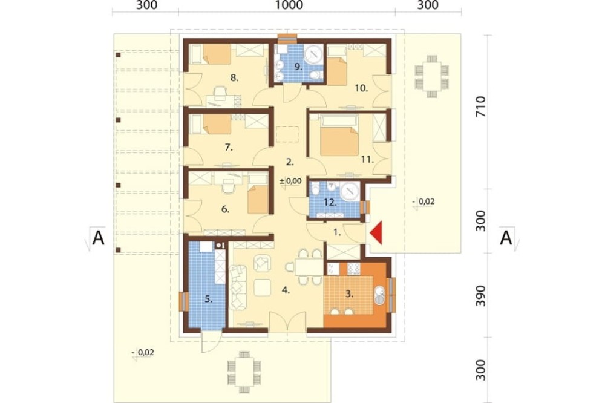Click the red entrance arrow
tap(377, 233)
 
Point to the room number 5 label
tap(209, 298)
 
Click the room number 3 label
tap(349, 294)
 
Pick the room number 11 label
tap(368, 159)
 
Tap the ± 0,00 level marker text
tap(290, 180)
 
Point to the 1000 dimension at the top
tap(289, 5)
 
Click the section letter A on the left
tap(99, 238)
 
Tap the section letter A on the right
tap(506, 238)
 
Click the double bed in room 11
tap(339, 136)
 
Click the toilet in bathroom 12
tap(316, 189)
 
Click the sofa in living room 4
tap(238, 287)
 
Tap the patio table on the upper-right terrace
tap(431, 76)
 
